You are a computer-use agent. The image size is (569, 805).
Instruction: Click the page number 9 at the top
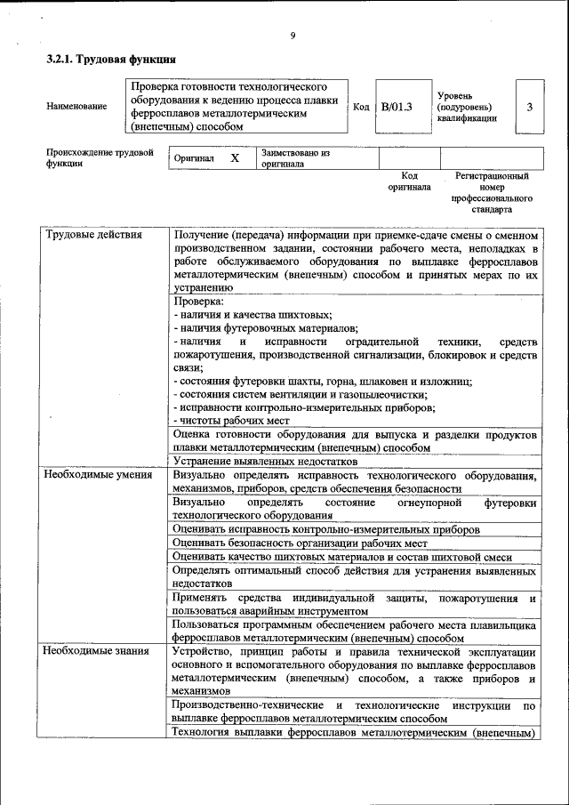point(292,36)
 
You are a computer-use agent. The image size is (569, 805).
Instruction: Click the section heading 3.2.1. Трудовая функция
point(110,60)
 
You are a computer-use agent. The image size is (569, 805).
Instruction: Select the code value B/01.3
point(397,107)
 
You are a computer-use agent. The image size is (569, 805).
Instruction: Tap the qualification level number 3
point(529,107)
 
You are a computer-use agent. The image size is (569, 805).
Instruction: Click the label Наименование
point(76,107)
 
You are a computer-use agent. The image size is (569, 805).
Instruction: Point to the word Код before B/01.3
point(361,107)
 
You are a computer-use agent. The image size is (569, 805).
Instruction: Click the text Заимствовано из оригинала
point(295,158)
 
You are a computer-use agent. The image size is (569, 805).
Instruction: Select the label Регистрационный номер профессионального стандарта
point(492,194)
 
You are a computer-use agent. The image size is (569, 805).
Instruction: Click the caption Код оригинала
point(409,182)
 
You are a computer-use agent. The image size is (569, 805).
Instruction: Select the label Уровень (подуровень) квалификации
point(467,107)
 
